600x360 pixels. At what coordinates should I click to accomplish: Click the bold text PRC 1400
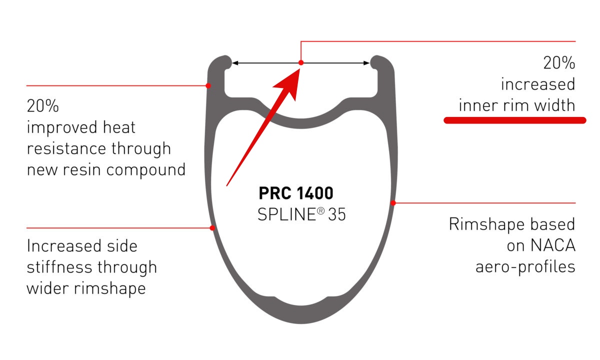click(296, 193)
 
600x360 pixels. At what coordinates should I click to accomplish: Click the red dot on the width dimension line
click(301, 63)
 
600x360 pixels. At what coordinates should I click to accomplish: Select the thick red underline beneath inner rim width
click(514, 120)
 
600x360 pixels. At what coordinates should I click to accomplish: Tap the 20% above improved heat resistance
click(43, 105)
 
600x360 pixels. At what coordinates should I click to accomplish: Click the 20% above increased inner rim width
click(559, 63)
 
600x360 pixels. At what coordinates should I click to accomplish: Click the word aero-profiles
click(525, 266)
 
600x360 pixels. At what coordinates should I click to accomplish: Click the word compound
click(145, 170)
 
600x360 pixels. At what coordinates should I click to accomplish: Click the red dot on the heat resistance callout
click(208, 85)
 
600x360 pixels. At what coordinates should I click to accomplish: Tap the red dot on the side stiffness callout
click(212, 228)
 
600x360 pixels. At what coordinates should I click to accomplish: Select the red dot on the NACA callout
click(393, 203)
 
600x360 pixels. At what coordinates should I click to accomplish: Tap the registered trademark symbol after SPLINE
click(320, 211)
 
